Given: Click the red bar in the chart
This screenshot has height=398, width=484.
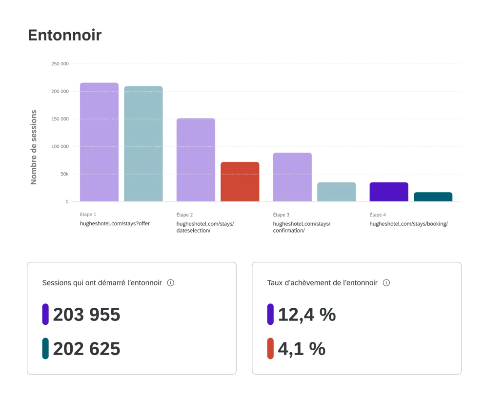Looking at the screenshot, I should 240,181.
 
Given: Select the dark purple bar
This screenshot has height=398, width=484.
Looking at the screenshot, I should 388,191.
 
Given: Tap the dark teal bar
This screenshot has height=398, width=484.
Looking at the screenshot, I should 433,196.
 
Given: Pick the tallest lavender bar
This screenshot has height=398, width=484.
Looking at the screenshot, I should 99,141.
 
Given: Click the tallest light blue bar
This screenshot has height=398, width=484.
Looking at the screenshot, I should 143,143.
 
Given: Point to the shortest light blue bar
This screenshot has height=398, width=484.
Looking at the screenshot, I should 337,190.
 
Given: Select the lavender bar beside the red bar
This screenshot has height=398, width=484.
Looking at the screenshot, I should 195,159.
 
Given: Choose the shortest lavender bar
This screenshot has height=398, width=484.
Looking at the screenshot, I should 291,177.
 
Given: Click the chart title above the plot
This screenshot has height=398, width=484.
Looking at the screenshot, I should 65,36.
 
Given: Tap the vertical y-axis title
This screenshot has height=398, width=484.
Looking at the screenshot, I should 34,147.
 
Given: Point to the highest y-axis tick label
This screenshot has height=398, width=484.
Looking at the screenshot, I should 61,62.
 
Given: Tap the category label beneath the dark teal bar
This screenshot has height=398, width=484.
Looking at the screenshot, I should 407,220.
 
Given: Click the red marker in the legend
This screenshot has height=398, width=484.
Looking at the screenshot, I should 270,348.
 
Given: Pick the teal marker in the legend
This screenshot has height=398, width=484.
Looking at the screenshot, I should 45,348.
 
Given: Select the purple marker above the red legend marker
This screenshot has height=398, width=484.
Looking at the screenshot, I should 270,314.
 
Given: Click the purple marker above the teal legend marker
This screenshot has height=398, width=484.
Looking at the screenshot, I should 45,314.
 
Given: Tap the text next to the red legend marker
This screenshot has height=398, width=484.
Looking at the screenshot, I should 303,348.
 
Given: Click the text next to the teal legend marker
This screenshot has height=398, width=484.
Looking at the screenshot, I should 85,348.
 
